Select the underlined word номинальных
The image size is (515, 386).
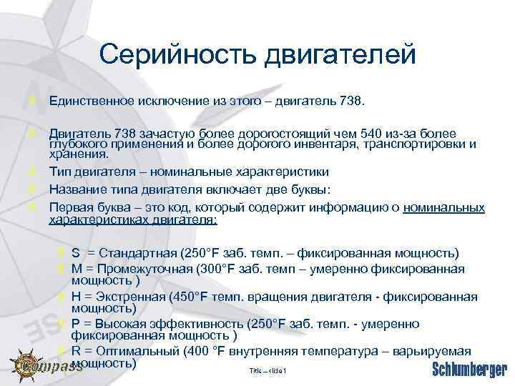click(444, 207)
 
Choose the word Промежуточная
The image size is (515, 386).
click(147, 269)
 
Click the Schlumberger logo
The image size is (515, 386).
click(470, 370)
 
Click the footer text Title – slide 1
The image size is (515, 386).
click(268, 370)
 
